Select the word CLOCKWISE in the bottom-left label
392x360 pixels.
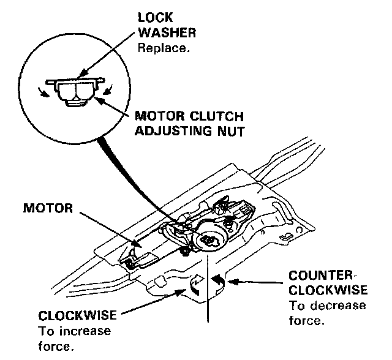pos(78,317)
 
